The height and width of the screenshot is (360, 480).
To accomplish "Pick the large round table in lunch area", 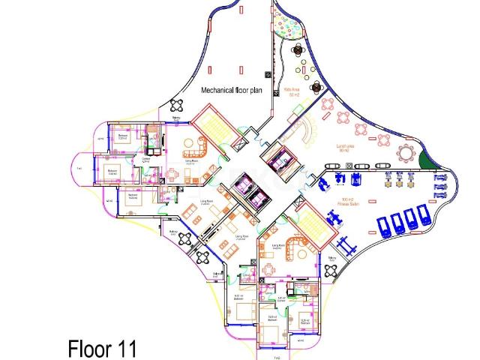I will click(x=406, y=154).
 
